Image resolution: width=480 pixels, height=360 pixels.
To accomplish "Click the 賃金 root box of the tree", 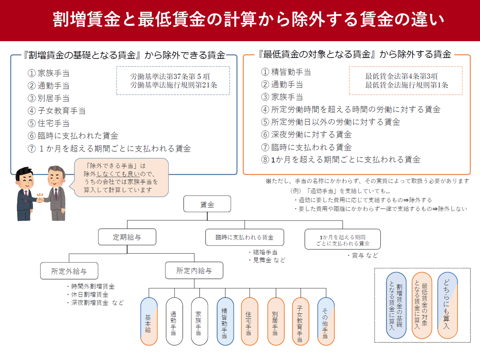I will click(x=207, y=204).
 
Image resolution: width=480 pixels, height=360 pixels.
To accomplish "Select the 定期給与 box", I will click(x=127, y=237).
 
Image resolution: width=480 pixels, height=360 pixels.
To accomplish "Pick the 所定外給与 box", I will click(x=69, y=271).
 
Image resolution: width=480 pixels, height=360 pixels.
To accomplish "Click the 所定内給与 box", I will click(x=194, y=271).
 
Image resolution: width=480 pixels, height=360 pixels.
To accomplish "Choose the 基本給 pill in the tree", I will click(x=148, y=321).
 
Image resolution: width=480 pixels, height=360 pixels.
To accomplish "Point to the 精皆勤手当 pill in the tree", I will click(x=225, y=321).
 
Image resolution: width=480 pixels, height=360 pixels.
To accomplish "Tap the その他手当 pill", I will click(x=326, y=321).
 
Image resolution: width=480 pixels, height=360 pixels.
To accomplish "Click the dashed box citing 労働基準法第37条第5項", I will click(x=173, y=80).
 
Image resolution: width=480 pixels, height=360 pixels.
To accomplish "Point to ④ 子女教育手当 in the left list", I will click(x=56, y=111).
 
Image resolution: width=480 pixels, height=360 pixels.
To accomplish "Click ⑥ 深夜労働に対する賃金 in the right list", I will click(x=306, y=134).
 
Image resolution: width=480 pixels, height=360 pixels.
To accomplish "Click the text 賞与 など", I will click(x=362, y=255).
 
